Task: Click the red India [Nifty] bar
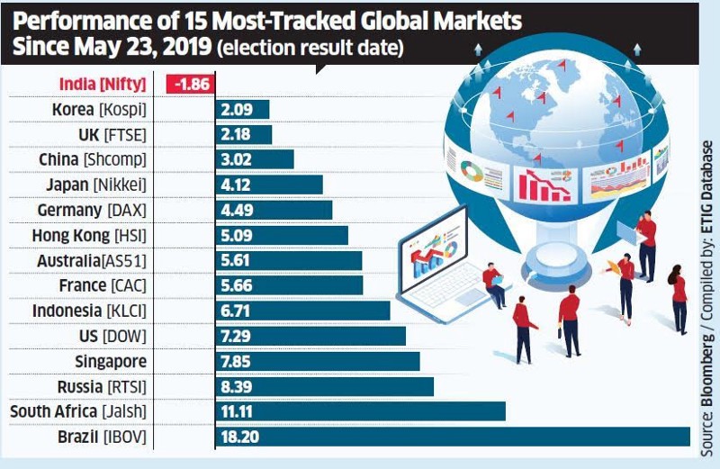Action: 190,85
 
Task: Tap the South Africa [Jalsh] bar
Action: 360,411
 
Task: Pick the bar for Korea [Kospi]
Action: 242,110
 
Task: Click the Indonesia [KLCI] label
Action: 89,311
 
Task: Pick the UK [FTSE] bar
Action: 243,135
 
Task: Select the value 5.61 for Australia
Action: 237,260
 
